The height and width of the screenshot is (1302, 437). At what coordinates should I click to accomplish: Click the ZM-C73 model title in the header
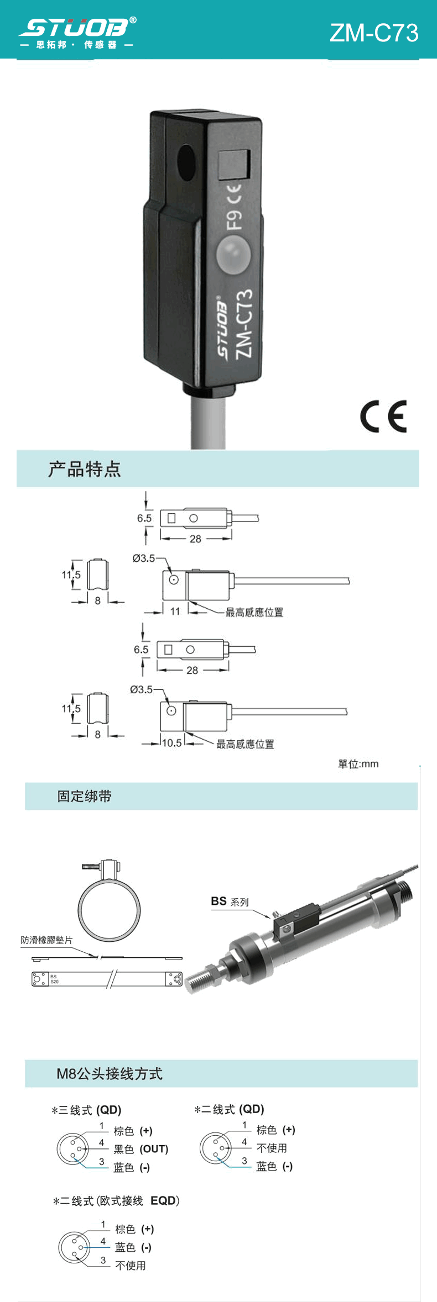pos(374,33)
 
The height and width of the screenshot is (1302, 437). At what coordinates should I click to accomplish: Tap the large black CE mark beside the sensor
pos(383,416)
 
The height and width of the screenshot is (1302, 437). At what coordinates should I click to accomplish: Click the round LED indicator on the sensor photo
pos(233,254)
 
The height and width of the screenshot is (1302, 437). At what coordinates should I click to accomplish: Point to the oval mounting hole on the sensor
pos(186,163)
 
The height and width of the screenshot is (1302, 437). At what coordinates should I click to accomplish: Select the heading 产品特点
pos(84,469)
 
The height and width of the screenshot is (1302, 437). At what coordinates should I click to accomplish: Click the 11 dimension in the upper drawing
pos(175,612)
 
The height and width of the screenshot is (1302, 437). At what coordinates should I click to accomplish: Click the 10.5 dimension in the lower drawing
pos(171,743)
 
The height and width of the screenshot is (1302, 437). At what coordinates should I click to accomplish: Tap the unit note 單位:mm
pos(358,764)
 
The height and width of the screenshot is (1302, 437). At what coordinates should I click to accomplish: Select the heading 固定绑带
pos(85,796)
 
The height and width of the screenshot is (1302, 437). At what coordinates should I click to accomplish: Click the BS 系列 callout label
pos(230,902)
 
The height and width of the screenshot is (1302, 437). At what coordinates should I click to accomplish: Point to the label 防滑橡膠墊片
pos(46,940)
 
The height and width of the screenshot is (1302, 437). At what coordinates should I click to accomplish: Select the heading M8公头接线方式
pos(110,1073)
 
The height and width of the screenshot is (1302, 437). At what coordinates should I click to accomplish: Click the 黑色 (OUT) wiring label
pos(141,1149)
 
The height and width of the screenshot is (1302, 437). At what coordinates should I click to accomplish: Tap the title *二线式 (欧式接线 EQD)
pos(116,1201)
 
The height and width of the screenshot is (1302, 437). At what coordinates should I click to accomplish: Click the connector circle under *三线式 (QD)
pos(73,1148)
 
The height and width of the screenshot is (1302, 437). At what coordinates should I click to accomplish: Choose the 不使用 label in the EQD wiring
pos(131,1266)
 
